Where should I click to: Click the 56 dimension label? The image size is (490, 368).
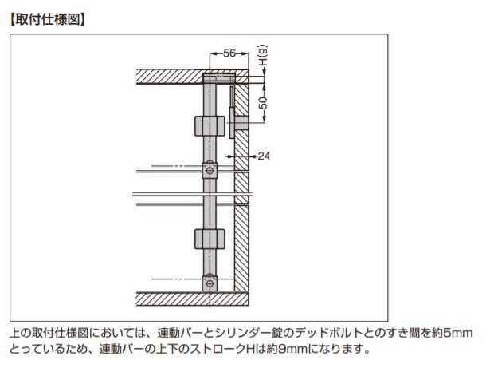coord(229,53)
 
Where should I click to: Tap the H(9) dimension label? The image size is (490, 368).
coord(264,57)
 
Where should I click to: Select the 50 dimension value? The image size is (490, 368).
coord(264,101)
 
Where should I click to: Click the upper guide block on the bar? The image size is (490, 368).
coord(210,126)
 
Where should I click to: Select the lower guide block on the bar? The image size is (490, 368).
coord(210,239)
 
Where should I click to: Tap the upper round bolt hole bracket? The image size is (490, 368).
coord(210,170)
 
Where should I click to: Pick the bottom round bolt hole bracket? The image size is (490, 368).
coord(210,282)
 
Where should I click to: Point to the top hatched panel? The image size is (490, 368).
coord(171,77)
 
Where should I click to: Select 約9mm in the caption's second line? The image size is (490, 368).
coord(296,350)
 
